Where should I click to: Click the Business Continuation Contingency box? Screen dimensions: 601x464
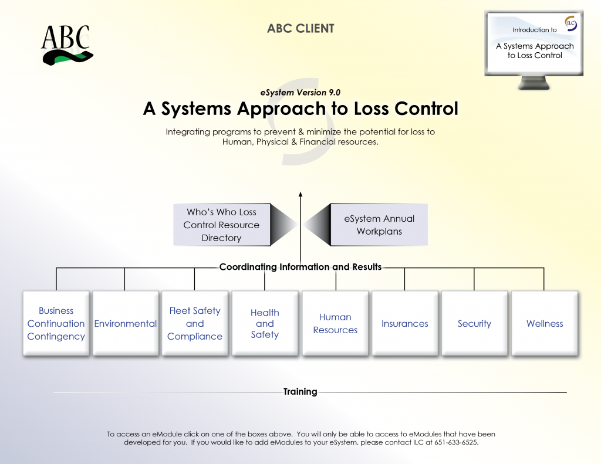[56, 323]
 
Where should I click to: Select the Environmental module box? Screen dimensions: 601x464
[126, 323]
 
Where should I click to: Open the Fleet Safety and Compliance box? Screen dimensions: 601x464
[195, 323]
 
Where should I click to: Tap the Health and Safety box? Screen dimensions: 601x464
[265, 323]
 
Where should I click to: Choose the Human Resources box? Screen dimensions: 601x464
[335, 323]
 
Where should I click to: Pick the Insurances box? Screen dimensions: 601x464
[405, 323]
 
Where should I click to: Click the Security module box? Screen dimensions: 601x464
[474, 323]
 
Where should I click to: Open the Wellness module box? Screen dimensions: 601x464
[545, 323]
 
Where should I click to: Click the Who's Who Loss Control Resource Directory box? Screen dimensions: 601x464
[222, 225]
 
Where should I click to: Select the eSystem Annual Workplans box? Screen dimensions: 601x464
[379, 225]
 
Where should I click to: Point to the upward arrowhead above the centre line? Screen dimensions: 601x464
[300, 194]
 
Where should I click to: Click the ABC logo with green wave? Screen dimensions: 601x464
[67, 45]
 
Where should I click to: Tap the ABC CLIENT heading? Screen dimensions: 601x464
[300, 28]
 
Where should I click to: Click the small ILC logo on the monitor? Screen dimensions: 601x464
[570, 23]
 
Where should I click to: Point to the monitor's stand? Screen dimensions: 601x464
[534, 83]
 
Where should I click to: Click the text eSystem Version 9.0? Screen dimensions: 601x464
[300, 92]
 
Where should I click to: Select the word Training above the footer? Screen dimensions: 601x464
[300, 392]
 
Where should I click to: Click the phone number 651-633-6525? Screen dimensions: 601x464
[455, 442]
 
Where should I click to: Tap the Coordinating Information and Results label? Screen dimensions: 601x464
[300, 267]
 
